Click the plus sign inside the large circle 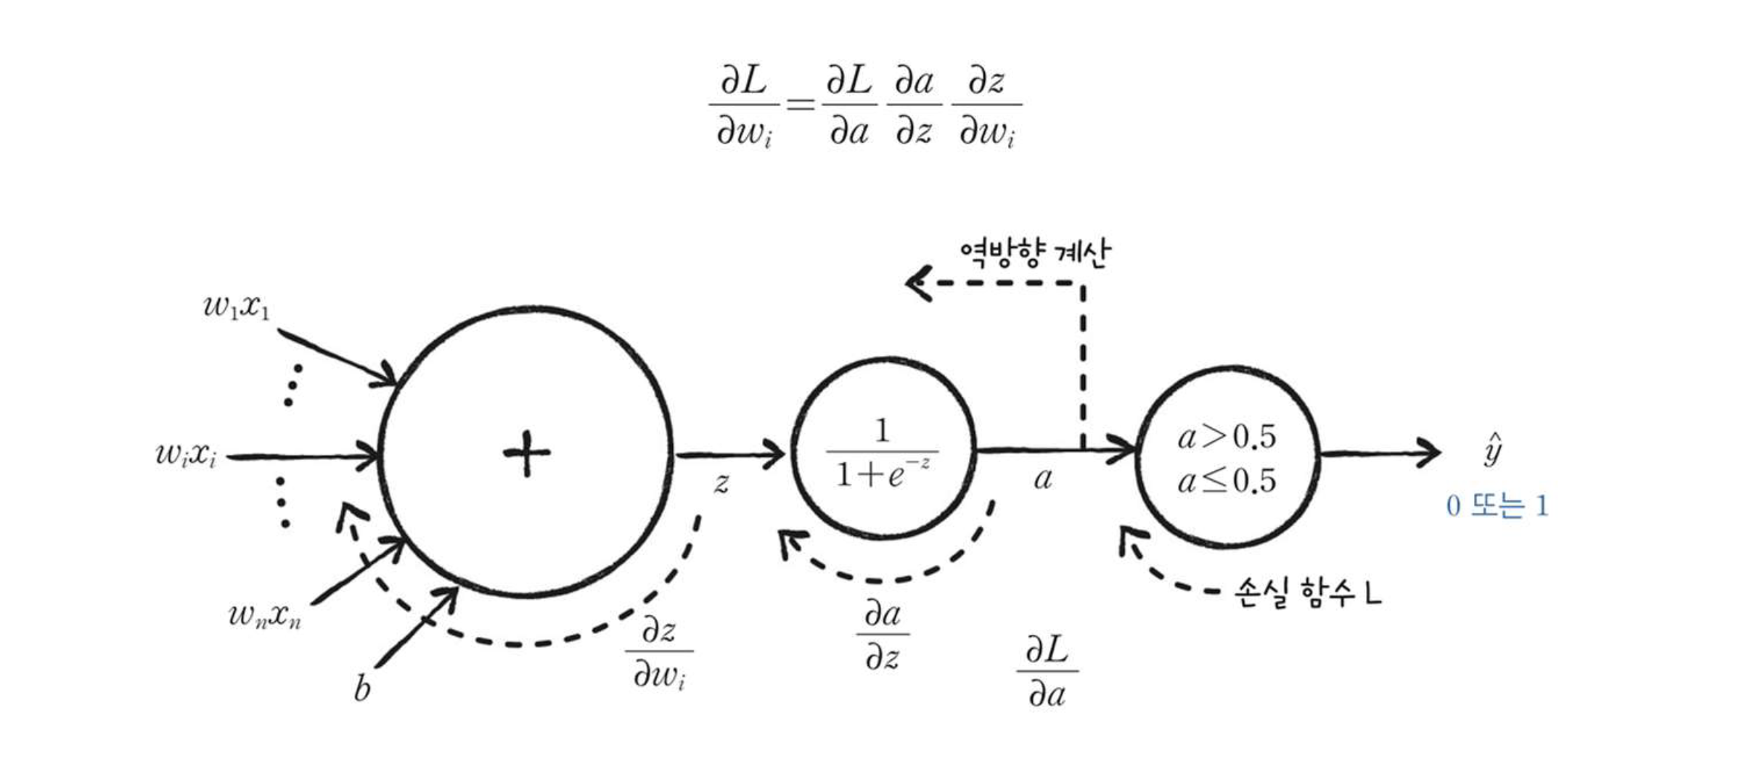(526, 453)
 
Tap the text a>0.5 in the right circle (1227, 436)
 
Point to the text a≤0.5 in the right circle (1227, 480)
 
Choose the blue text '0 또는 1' (1497, 506)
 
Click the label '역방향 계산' (1034, 253)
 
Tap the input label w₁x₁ (236, 307)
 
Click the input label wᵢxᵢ (186, 455)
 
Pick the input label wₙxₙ (264, 616)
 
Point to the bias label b (361, 688)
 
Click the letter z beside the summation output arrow (721, 483)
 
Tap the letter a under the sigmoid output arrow (1043, 478)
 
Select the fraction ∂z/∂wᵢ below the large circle (659, 652)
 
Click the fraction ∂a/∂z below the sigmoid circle (883, 636)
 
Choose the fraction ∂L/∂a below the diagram (1047, 671)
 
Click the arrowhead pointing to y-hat (1430, 453)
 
